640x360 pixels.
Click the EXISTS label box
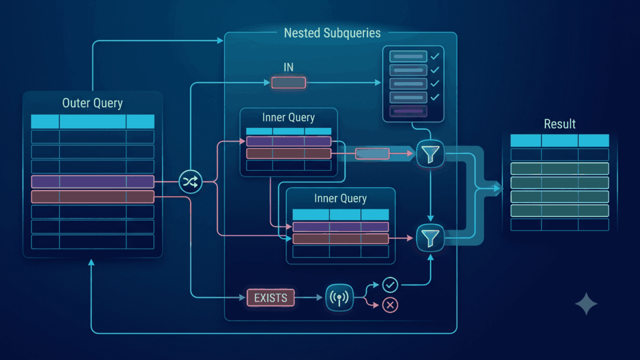[x=270, y=297]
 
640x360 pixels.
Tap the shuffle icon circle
[x=190, y=181]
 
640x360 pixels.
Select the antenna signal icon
[x=339, y=297]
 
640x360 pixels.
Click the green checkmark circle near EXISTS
[x=390, y=285]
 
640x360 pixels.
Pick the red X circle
[x=390, y=305]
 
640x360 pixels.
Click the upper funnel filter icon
[x=430, y=153]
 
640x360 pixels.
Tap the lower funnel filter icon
[x=430, y=238]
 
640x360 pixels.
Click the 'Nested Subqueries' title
[x=332, y=33]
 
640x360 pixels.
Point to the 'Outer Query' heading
[x=92, y=103]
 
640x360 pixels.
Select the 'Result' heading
[x=559, y=124]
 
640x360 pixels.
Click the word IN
[x=288, y=67]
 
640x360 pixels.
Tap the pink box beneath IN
[x=288, y=82]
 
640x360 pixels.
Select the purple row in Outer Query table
[x=92, y=181]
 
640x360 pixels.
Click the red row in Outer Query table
[x=92, y=197]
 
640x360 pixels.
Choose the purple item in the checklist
[x=408, y=111]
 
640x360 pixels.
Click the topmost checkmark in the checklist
[x=435, y=56]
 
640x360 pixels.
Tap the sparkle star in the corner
[x=586, y=303]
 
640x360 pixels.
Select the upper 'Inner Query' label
[x=288, y=117]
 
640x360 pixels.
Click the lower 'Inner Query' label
[x=340, y=198]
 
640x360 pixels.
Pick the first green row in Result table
[x=559, y=168]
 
